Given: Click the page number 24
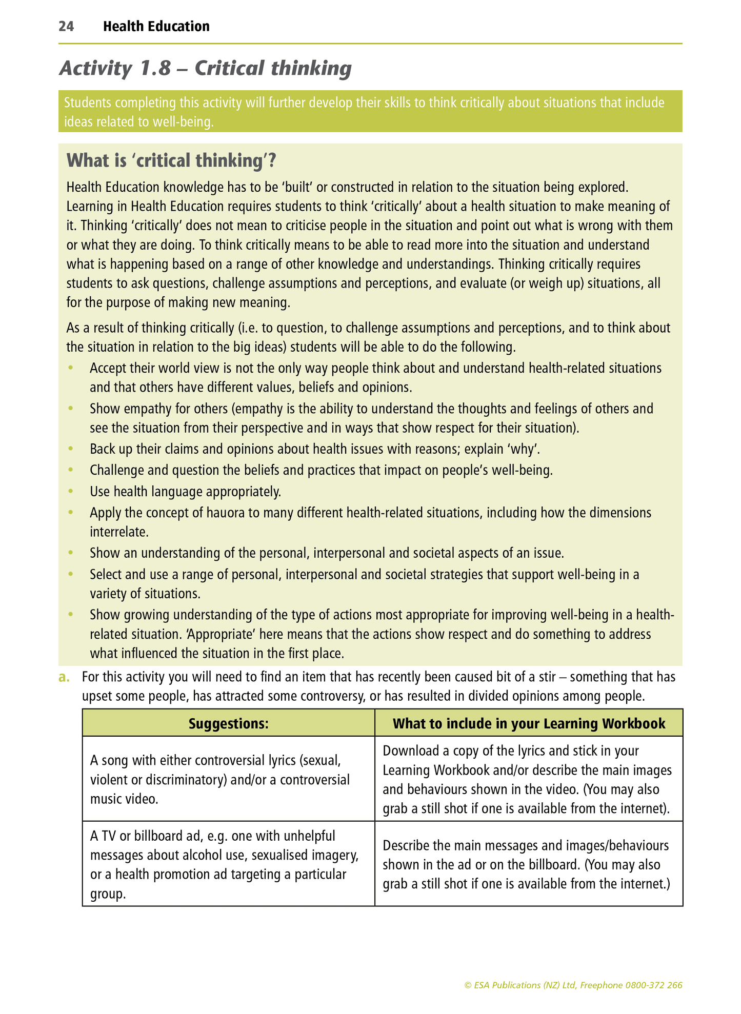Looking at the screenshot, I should click(66, 27).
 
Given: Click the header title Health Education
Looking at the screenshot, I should click(156, 27).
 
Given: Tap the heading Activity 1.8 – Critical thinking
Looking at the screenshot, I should click(205, 68).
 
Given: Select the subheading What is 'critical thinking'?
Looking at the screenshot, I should click(171, 160).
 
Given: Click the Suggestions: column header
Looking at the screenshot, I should click(228, 723).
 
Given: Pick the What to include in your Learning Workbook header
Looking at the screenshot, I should click(529, 723).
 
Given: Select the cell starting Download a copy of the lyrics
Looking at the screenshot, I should click(529, 779).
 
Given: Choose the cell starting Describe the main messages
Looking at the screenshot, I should click(529, 864).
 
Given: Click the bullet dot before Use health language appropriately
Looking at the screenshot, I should click(71, 492).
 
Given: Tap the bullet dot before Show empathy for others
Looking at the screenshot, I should click(71, 409).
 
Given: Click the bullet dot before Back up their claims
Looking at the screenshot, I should click(71, 449).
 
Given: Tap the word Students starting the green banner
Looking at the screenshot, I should click(87, 103).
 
